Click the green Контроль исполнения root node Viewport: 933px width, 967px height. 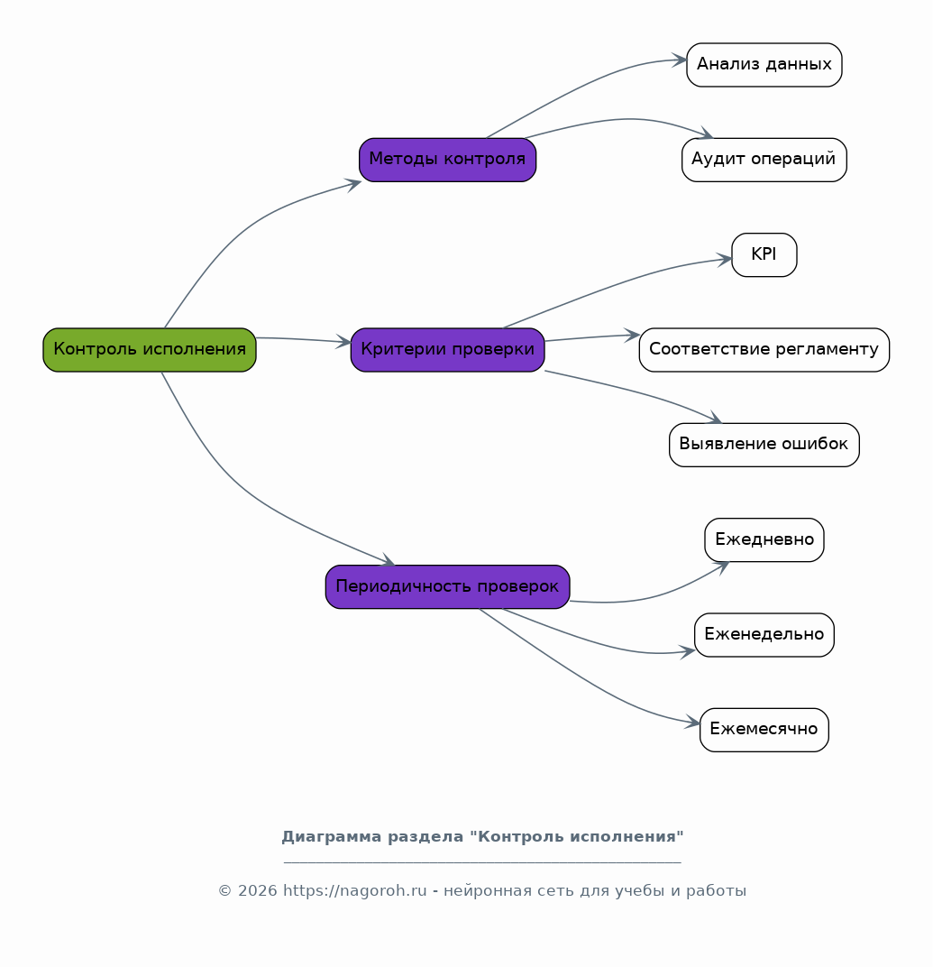coord(149,350)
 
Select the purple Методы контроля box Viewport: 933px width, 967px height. coord(447,160)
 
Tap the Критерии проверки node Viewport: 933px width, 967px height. coord(447,350)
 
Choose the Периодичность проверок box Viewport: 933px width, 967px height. coord(447,586)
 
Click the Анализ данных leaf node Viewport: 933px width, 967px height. coord(764,65)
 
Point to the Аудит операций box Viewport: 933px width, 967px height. coord(764,160)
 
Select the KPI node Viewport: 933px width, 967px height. coord(764,254)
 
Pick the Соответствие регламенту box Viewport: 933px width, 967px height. coord(764,350)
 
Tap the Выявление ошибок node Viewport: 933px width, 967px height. coord(764,445)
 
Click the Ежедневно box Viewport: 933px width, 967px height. coord(764,539)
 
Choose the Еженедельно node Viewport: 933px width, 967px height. coord(764,635)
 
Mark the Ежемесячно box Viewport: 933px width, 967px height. coord(764,730)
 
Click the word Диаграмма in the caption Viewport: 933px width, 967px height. coord(332,837)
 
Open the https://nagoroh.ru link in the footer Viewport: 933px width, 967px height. coord(354,891)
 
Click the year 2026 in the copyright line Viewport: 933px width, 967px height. coord(257,891)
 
